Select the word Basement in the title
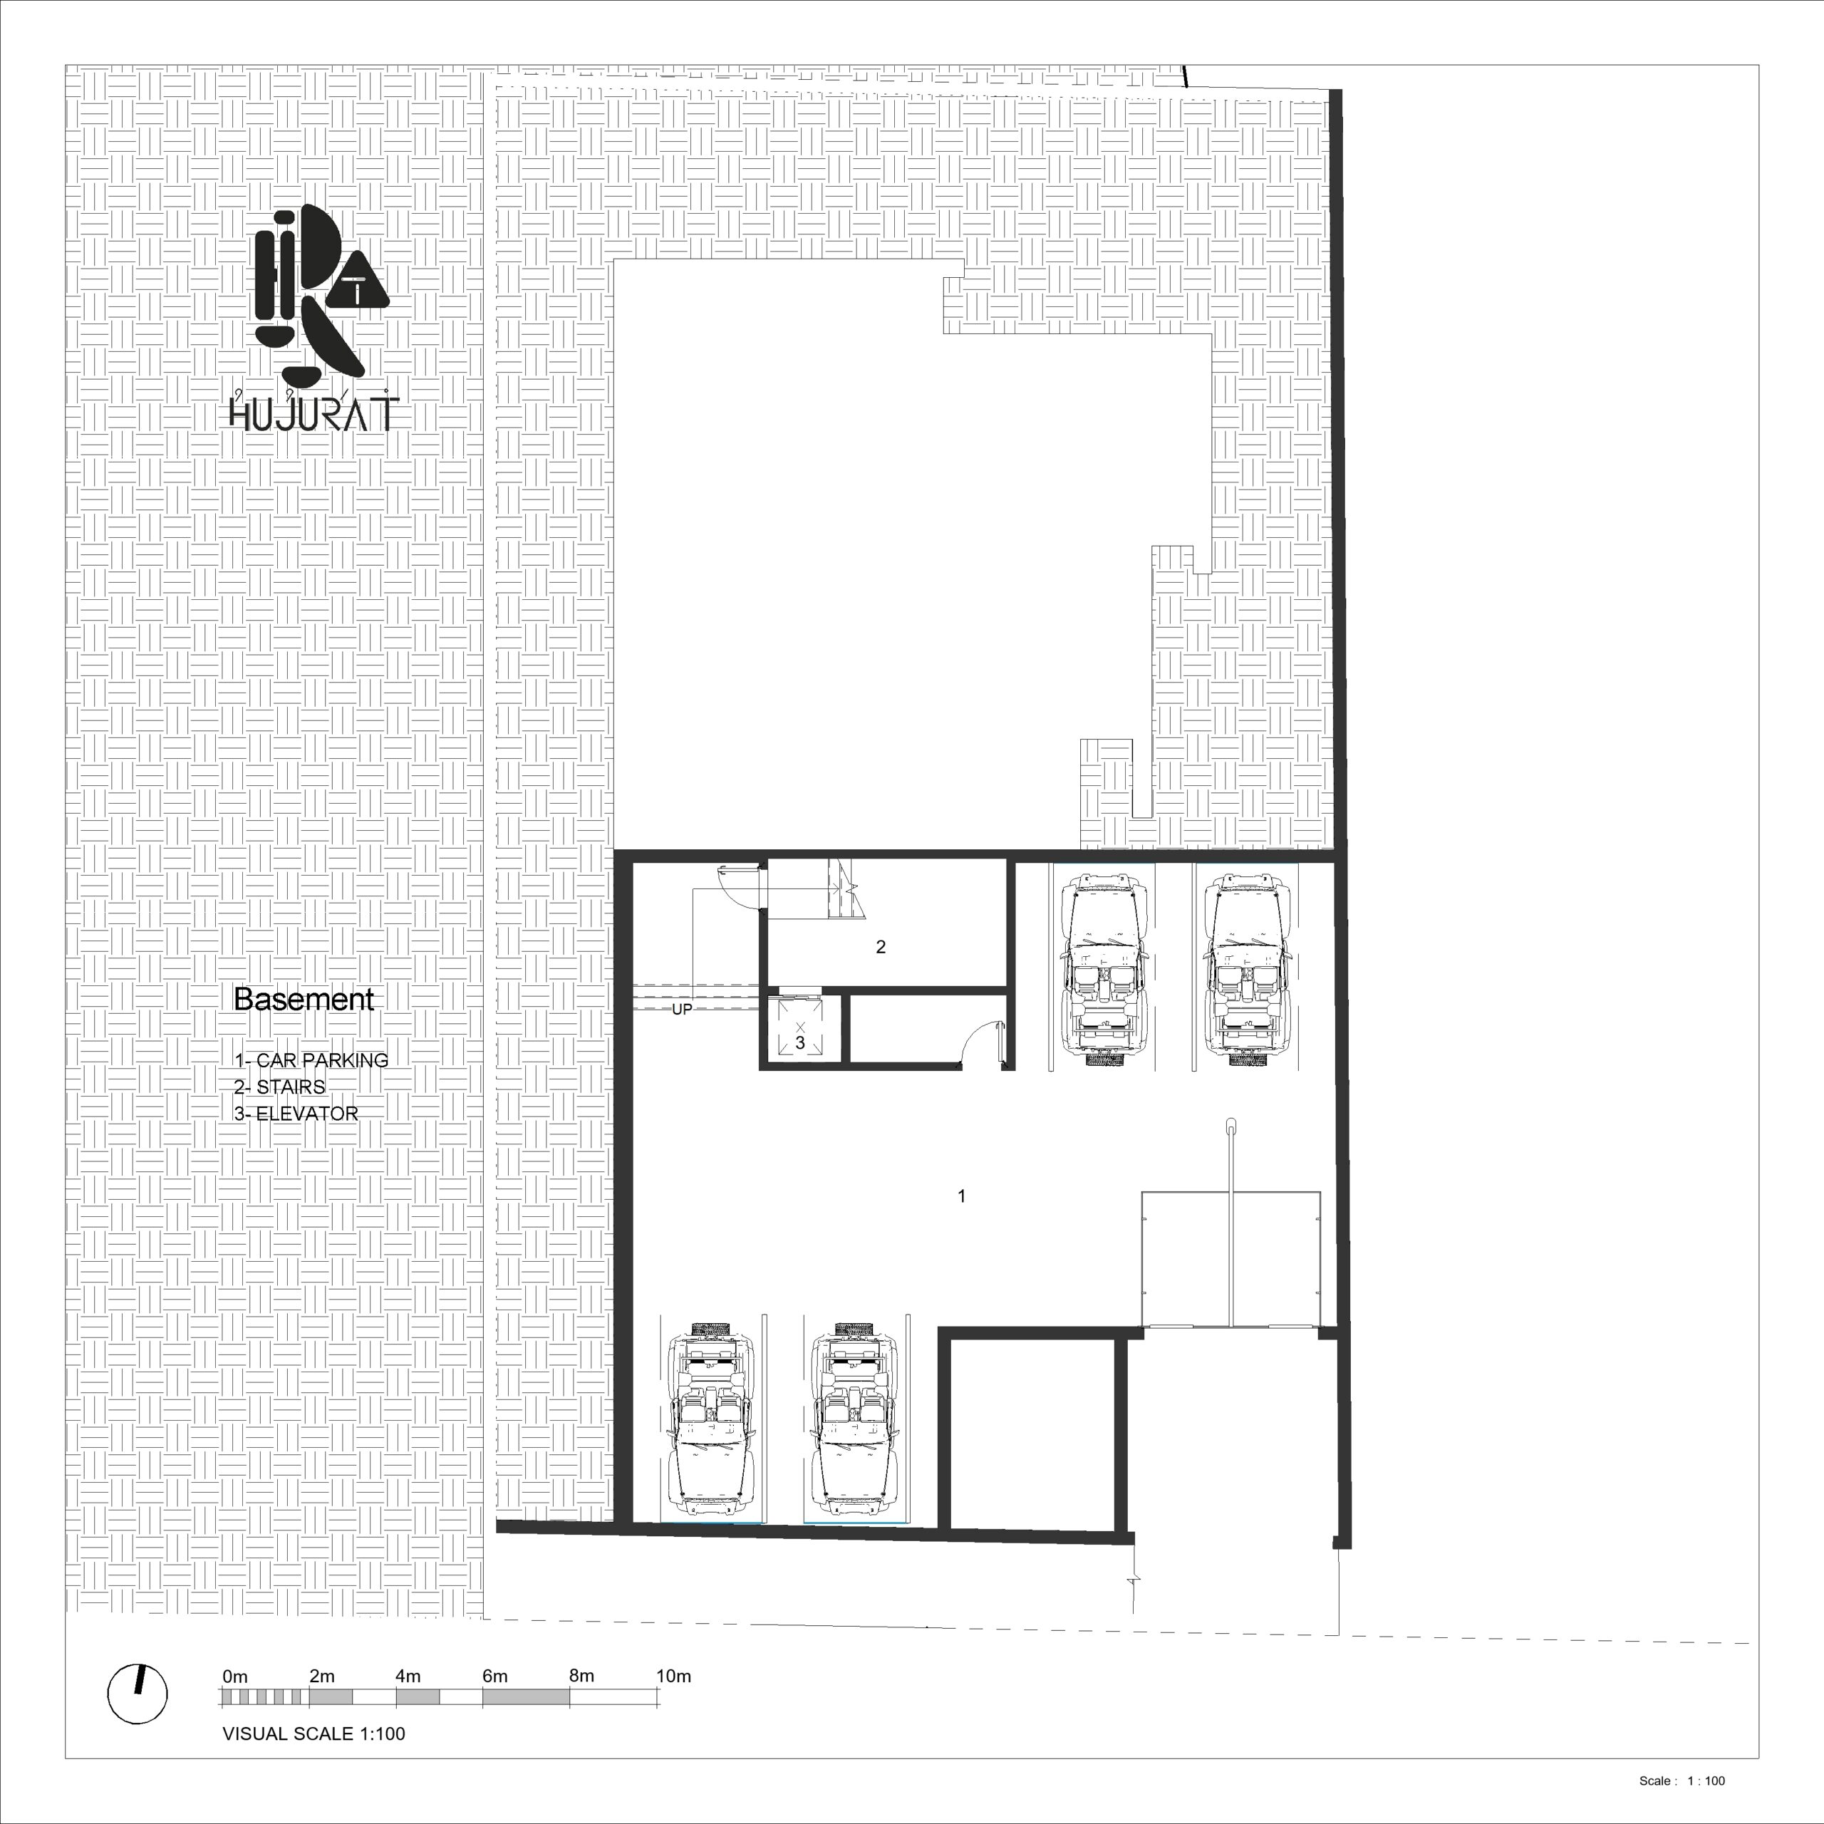click(x=304, y=999)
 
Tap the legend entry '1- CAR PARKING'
click(x=311, y=1060)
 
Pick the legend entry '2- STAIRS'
click(x=279, y=1087)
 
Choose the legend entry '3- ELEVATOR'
click(x=296, y=1113)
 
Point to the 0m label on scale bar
click(x=235, y=1676)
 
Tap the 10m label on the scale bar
click(x=674, y=1676)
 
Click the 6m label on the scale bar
click(x=494, y=1676)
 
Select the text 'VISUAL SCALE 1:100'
click(x=313, y=1734)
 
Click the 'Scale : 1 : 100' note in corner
click(x=1681, y=1781)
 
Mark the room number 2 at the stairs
click(x=881, y=947)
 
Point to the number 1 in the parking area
click(x=961, y=1196)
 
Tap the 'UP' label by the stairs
click(x=682, y=1009)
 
